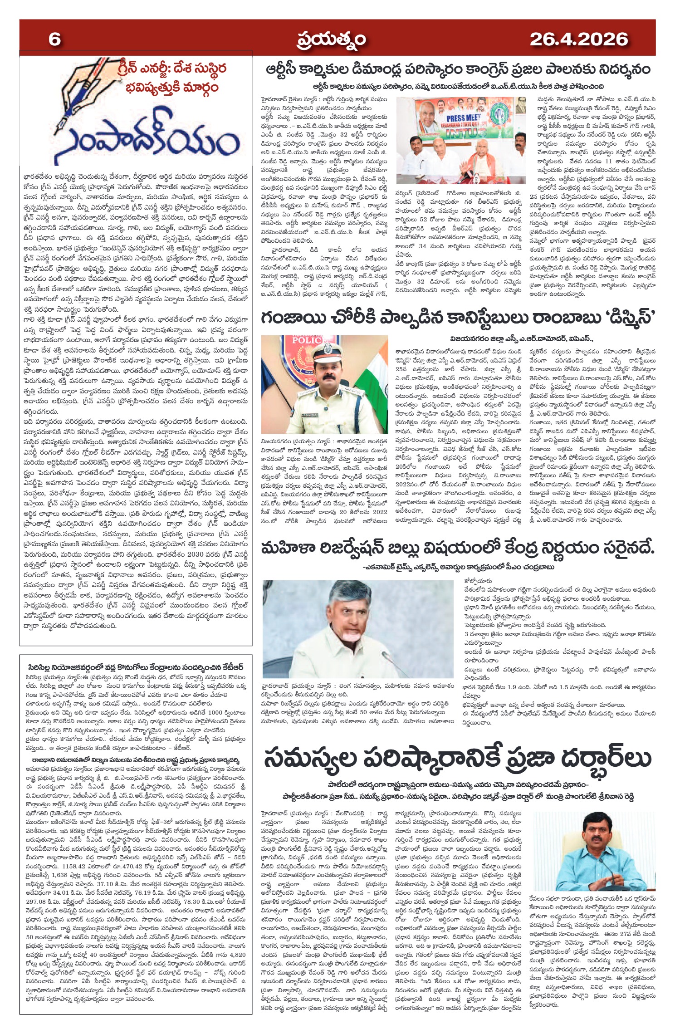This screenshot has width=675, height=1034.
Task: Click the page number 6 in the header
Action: point(54,39)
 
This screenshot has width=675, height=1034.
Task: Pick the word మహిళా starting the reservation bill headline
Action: point(287,549)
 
